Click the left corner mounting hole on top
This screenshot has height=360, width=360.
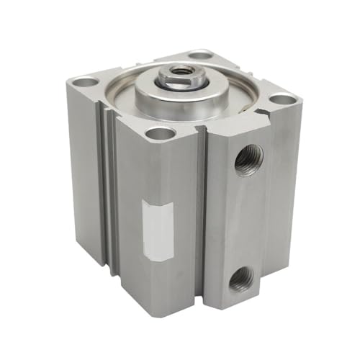pos(86,82)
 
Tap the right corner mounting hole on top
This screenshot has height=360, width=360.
pos(282,99)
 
